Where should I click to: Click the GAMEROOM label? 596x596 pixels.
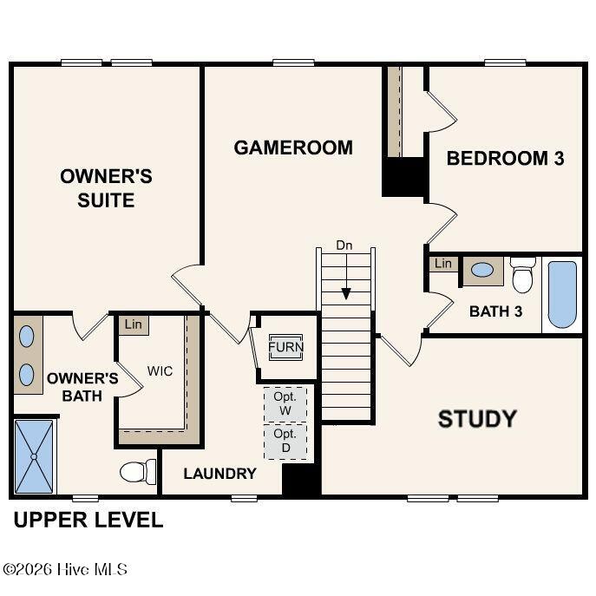[293, 147]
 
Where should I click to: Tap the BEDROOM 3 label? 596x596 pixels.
[505, 158]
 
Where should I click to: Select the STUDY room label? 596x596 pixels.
[477, 419]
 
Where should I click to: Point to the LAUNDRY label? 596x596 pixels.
[219, 473]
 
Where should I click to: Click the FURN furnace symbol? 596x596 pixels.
[285, 347]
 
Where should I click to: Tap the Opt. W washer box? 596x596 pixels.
[285, 404]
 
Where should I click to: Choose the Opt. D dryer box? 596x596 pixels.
[285, 442]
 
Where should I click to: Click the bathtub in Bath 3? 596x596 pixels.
[562, 294]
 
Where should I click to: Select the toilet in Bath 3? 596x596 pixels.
[522, 275]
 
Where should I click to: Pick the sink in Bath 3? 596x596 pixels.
[482, 270]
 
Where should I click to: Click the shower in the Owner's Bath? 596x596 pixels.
[34, 456]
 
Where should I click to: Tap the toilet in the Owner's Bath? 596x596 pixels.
[138, 472]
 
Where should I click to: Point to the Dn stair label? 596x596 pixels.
[344, 246]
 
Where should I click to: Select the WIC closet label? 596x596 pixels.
[160, 370]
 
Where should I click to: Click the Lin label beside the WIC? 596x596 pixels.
[133, 324]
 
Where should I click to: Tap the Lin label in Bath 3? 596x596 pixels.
[443, 264]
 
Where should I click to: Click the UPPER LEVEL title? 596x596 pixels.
[88, 520]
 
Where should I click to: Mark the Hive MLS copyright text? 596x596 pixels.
[65, 569]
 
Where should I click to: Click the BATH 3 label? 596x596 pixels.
[495, 311]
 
